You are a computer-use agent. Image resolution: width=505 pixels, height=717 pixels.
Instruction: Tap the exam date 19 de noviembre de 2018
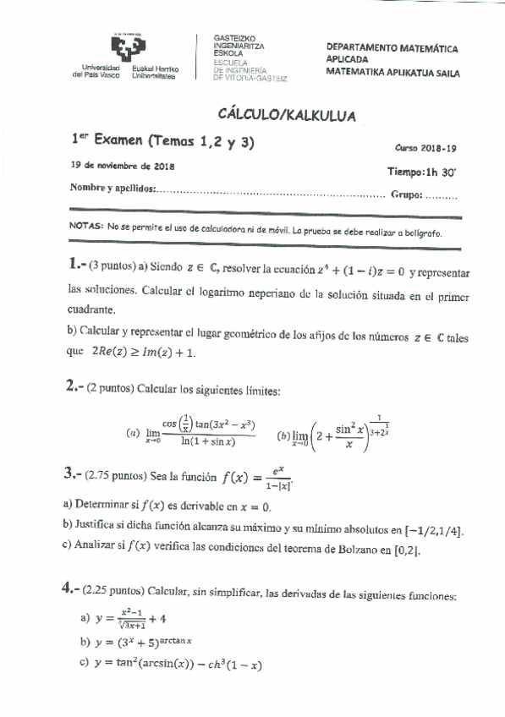tap(123, 166)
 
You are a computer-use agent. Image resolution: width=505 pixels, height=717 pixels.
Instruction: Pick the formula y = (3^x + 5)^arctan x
tap(152, 643)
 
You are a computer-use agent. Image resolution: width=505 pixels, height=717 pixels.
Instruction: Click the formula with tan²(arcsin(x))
tap(178, 665)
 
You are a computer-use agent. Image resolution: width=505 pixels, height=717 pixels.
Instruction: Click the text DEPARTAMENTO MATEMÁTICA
tap(392, 49)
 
